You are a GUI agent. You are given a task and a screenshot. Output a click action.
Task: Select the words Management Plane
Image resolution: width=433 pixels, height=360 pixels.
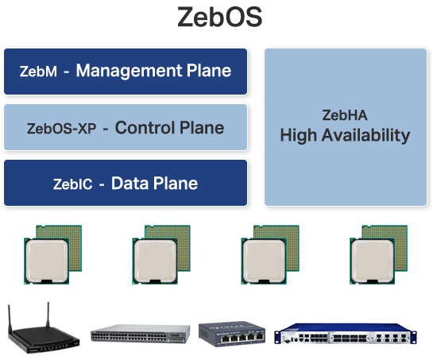[153, 71]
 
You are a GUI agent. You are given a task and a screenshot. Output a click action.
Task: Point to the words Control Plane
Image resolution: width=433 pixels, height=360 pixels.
[169, 127]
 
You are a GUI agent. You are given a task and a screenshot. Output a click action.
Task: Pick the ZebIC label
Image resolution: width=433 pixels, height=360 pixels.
[73, 184]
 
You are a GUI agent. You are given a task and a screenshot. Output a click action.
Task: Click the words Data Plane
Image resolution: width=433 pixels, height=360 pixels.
[154, 184]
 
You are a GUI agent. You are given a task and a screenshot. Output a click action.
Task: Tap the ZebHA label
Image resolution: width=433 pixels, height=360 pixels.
[345, 115]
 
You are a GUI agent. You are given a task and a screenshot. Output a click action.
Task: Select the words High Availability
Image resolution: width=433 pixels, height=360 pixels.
[345, 135]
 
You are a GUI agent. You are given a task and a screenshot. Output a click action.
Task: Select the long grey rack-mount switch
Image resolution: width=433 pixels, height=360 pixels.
[140, 333]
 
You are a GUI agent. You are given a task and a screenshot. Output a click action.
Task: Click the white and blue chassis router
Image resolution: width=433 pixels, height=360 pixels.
[345, 335]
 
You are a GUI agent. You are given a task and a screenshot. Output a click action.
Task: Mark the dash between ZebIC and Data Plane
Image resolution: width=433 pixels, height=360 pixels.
[101, 185]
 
